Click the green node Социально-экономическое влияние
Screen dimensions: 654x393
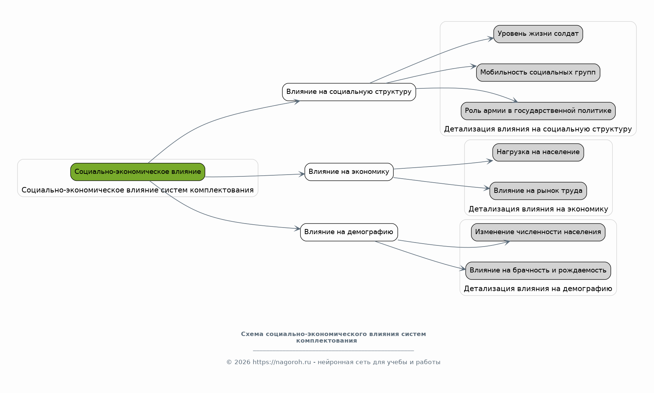pyautogui.click(x=138, y=172)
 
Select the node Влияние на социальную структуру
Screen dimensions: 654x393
pyautogui.click(x=349, y=92)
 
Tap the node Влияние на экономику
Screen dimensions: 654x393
pyautogui.click(x=349, y=172)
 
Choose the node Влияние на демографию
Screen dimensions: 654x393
pyautogui.click(x=349, y=232)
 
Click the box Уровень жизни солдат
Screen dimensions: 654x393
pyautogui.click(x=538, y=34)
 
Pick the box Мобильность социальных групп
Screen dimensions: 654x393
pyautogui.click(x=538, y=72)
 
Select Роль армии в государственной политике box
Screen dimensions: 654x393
pyautogui.click(x=538, y=111)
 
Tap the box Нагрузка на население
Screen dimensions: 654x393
pyautogui.click(x=538, y=152)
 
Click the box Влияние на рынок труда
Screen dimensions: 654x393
pyautogui.click(x=538, y=191)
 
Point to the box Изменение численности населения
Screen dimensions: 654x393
pyautogui.click(x=538, y=232)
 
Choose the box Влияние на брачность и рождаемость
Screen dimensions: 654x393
pyautogui.click(x=538, y=271)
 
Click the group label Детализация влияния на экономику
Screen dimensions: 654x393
pyautogui.click(x=538, y=209)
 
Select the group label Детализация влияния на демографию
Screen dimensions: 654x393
pyautogui.click(x=538, y=289)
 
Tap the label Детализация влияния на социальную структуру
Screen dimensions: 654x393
pyautogui.click(x=538, y=129)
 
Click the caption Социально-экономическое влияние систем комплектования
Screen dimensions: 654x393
pyautogui.click(x=138, y=190)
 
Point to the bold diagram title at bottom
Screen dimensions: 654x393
pyautogui.click(x=333, y=337)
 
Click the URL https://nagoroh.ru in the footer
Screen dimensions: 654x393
pyautogui.click(x=282, y=362)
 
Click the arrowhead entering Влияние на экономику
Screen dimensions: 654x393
pyautogui.click(x=302, y=174)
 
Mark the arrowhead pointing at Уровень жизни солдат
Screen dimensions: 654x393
pyautogui.click(x=491, y=38)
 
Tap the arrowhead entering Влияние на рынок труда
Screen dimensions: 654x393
pyautogui.click(x=487, y=188)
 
